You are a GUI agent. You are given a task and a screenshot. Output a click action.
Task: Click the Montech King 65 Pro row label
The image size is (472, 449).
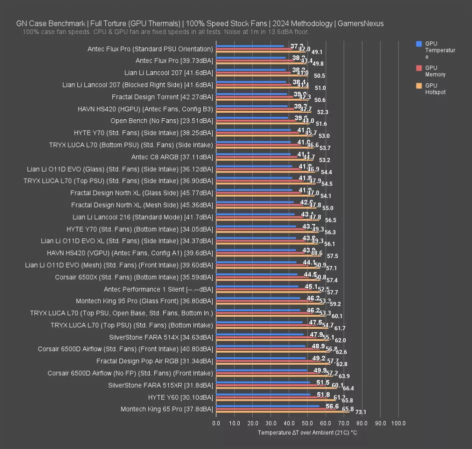point(167,409)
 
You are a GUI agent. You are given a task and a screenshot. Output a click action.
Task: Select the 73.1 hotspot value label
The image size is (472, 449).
point(361,412)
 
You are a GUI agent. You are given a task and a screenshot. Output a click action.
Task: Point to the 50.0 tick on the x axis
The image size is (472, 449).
point(307,423)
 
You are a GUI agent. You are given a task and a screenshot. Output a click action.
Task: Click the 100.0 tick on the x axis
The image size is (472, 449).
point(398,423)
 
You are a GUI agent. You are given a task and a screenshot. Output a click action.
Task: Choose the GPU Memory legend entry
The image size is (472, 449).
point(435,71)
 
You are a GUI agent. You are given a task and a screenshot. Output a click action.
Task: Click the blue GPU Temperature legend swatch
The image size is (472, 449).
point(419,44)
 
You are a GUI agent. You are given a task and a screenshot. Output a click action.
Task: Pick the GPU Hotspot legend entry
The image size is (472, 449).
point(435,89)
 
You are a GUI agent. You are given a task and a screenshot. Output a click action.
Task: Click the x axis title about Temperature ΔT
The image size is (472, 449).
point(307,433)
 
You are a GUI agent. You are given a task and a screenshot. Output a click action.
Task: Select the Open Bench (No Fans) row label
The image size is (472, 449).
point(162,121)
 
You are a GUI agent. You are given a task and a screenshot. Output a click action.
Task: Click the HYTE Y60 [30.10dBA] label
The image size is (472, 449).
point(181,397)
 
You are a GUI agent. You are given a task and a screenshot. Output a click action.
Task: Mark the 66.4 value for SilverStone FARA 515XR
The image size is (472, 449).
point(348,388)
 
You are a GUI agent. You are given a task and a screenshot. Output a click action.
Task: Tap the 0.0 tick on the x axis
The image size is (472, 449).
point(216,423)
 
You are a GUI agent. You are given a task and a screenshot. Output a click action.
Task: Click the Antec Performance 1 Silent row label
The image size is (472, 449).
point(158,289)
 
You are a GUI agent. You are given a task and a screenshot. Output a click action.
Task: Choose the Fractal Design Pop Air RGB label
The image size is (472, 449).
point(155,361)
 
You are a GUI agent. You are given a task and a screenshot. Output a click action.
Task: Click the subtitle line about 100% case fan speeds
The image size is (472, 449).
point(166,31)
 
